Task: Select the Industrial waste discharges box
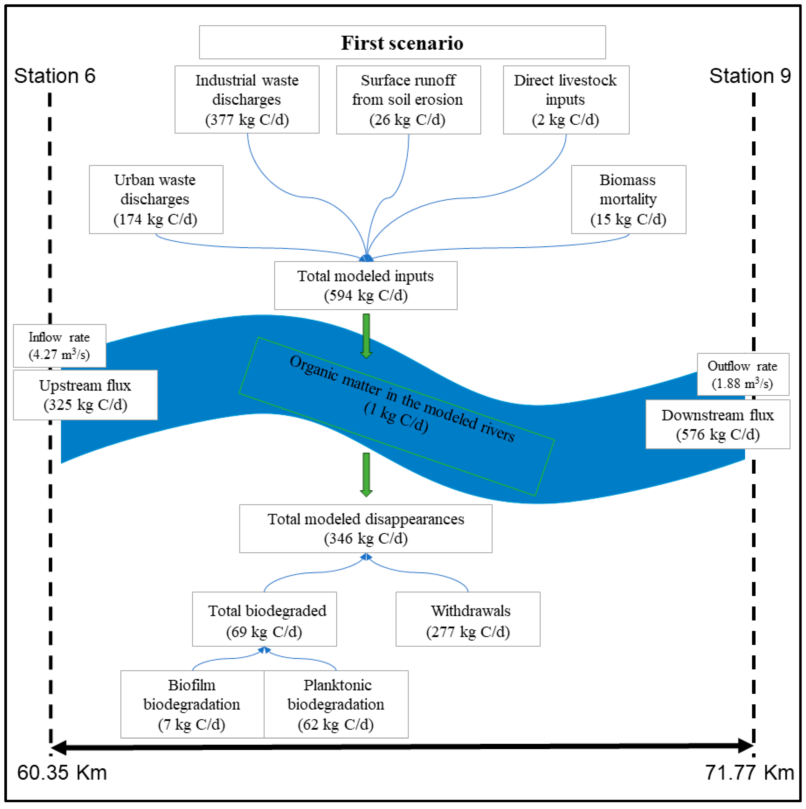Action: (247, 100)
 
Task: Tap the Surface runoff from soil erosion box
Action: (408, 100)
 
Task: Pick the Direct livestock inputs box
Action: (566, 100)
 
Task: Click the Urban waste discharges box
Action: (156, 199)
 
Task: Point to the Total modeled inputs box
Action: (365, 286)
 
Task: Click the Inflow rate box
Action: (59, 346)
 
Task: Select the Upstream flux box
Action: (85, 395)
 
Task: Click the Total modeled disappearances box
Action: (365, 528)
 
